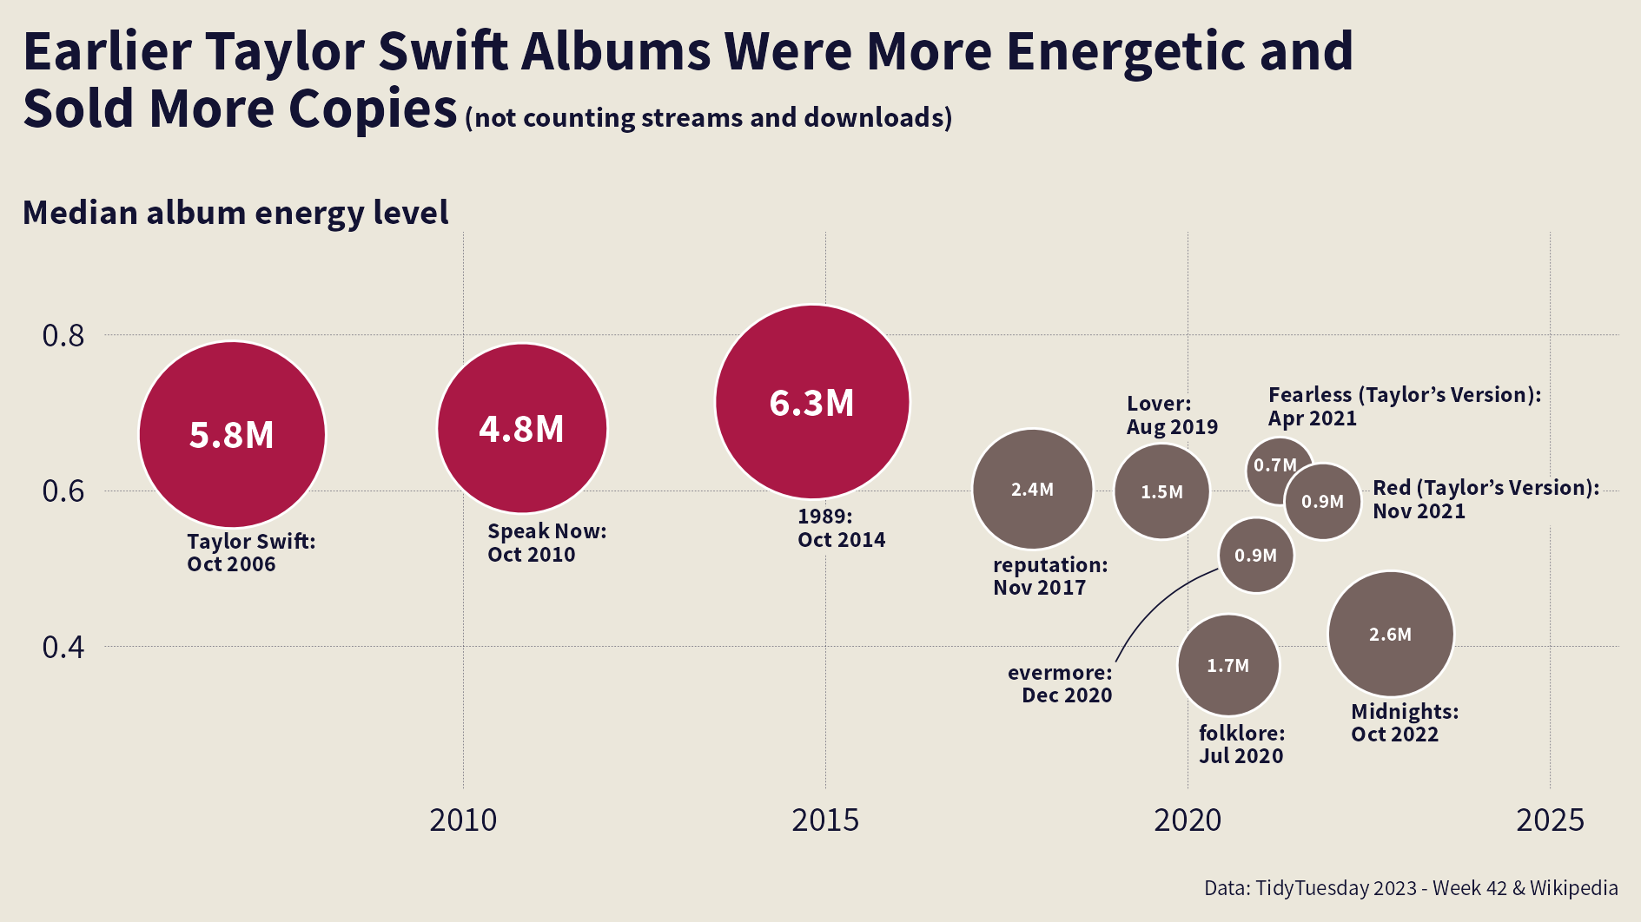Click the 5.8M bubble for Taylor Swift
232,434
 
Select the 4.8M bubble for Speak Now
521,428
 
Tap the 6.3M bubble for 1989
812,402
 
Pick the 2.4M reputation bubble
1032,489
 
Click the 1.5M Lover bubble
1161,491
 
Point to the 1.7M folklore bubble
1228,665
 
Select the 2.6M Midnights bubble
1391,634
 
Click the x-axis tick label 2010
463,820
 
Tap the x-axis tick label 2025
1550,820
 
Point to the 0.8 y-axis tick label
63,335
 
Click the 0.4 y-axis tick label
63,647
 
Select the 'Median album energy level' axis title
235,213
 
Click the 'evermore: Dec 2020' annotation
1060,683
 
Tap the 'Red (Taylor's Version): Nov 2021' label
1486,499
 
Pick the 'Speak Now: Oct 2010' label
546,543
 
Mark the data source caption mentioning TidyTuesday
1411,888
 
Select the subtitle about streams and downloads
709,117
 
